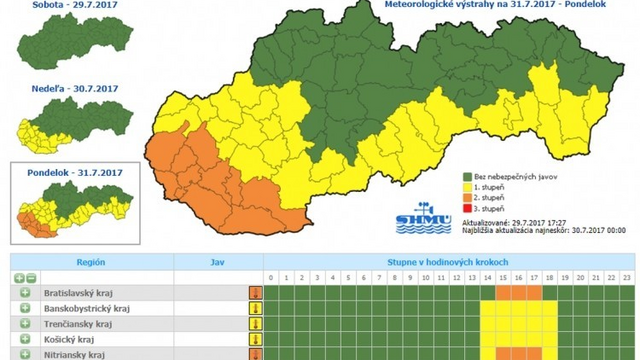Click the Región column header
pyautogui.click(x=90, y=262)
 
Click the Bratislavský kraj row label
pyautogui.click(x=81, y=293)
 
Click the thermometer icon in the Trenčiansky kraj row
pyautogui.click(x=255, y=325)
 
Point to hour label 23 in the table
pyautogui.click(x=627, y=277)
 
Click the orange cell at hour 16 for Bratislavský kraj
pyautogui.click(x=518, y=293)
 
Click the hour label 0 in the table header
pyautogui.click(x=270, y=277)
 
